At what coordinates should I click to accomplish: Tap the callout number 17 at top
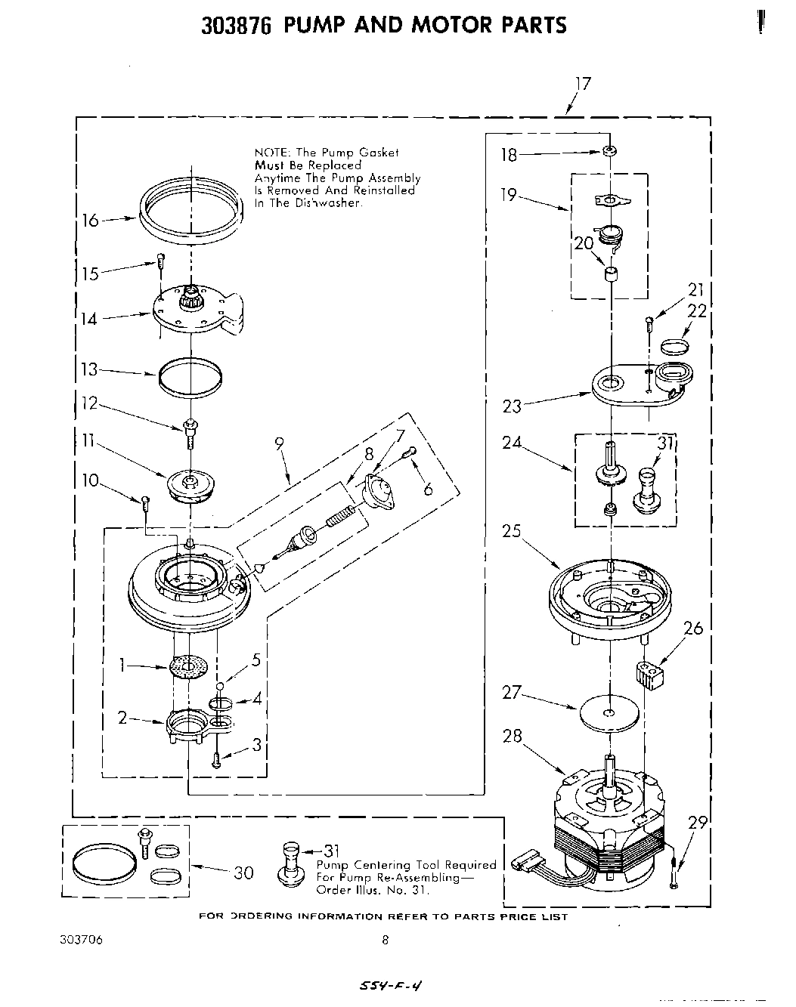click(x=582, y=84)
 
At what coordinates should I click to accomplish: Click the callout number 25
click(x=512, y=530)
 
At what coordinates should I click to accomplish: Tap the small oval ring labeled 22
click(x=674, y=345)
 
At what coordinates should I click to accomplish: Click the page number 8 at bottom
click(x=385, y=941)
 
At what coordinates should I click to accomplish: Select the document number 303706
click(x=80, y=941)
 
